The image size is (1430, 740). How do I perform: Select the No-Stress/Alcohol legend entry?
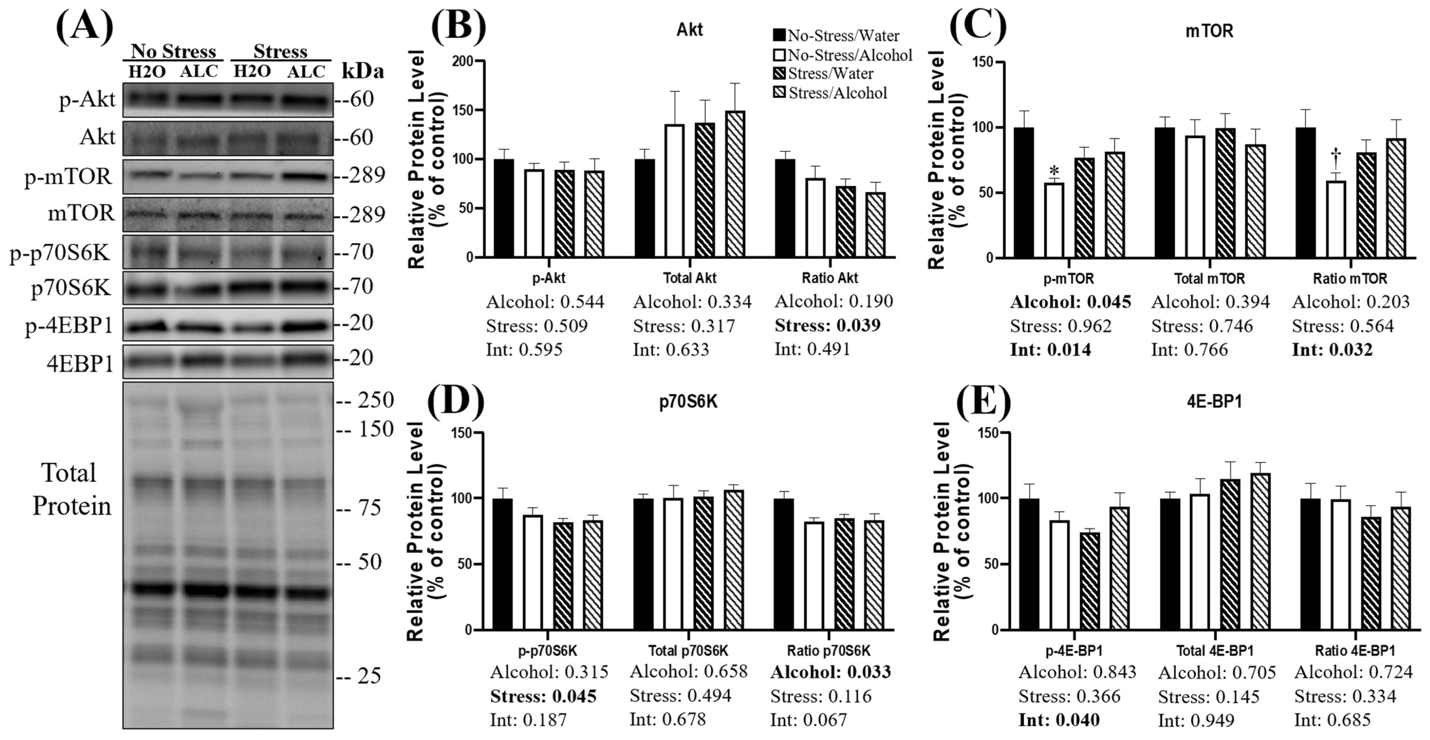pos(843,55)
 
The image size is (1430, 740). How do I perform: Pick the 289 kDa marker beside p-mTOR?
pos(361,175)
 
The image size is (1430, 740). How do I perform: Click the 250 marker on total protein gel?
pos(373,400)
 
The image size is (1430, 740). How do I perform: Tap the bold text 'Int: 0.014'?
pos(1050,350)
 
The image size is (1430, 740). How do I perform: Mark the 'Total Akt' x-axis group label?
pos(690,278)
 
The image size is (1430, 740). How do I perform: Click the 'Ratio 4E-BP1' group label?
pos(1355,650)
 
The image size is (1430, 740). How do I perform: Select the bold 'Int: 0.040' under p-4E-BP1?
pos(1059,720)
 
